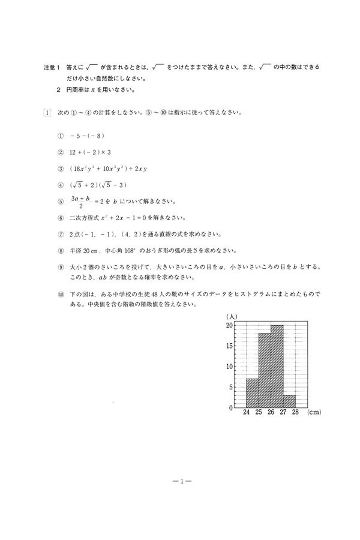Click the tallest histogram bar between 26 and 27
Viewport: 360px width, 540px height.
click(x=277, y=367)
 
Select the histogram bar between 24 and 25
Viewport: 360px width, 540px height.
click(x=252, y=393)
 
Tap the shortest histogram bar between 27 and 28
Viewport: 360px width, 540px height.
click(x=289, y=401)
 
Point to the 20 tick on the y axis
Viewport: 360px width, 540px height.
click(x=229, y=326)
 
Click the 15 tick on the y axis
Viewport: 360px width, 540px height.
click(x=229, y=346)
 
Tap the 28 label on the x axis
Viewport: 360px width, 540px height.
click(x=295, y=413)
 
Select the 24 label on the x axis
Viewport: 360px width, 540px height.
click(x=247, y=413)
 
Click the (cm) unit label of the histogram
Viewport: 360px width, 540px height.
click(x=314, y=413)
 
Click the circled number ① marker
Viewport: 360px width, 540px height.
click(x=60, y=136)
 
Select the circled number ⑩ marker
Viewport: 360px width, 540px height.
click(x=60, y=295)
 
